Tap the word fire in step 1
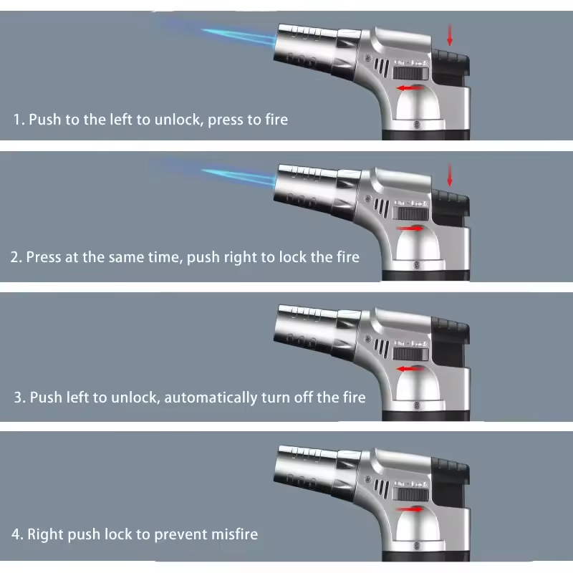276,120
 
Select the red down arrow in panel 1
450,35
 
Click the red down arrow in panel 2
450,175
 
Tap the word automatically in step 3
211,398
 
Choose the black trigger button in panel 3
451,345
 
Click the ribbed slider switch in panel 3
410,354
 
